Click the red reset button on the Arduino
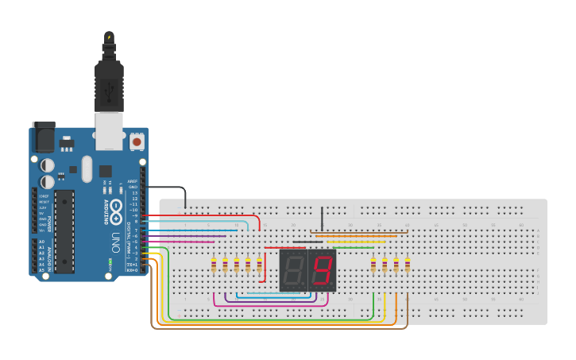pos(137,141)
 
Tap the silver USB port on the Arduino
pos(110,130)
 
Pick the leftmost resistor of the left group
pos(214,265)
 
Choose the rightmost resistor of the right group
pos(408,265)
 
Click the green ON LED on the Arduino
pos(110,261)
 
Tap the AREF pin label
pos(133,181)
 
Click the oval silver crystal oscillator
pos(86,168)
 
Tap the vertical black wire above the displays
pos(322,219)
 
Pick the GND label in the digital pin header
pos(133,187)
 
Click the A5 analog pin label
pos(41,270)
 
